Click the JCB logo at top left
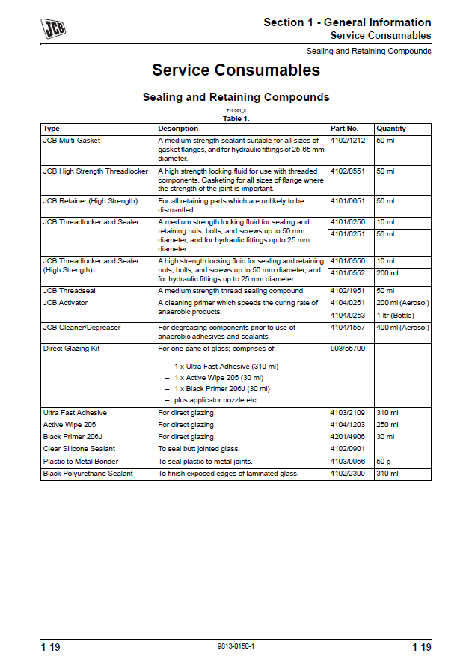[53, 28]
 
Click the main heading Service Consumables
[236, 70]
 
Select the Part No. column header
[345, 129]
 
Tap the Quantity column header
[391, 129]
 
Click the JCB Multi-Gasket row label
[72, 141]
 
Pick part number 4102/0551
[348, 171]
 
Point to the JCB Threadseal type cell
[70, 290]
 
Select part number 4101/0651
[348, 201]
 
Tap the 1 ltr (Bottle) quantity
[396, 316]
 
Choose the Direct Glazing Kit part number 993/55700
[347, 349]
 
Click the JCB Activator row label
[65, 303]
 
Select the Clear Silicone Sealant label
[79, 449]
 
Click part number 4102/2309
[348, 474]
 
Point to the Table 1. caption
[236, 118]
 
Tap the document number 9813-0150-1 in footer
[236, 646]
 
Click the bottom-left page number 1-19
[51, 647]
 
